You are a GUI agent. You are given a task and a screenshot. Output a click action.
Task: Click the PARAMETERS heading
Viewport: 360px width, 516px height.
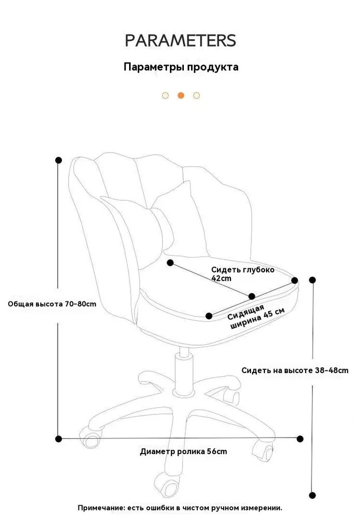tap(180, 40)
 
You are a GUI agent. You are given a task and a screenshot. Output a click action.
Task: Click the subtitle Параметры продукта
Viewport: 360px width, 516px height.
tap(181, 67)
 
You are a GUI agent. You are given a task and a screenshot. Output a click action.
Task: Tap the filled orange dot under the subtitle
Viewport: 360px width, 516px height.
tap(181, 95)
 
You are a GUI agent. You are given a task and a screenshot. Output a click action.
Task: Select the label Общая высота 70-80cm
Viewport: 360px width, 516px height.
tap(52, 304)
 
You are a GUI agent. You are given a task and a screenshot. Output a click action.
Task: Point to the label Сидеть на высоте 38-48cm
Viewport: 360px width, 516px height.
tap(295, 370)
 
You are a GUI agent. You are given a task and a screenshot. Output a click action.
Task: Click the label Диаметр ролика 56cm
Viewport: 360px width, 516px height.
tap(183, 451)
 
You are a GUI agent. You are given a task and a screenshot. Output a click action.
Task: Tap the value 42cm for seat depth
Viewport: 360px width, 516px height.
tap(222, 279)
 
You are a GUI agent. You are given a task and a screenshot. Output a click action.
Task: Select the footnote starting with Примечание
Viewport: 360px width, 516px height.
tap(180, 508)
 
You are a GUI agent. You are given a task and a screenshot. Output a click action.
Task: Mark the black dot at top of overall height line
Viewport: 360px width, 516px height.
tap(59, 160)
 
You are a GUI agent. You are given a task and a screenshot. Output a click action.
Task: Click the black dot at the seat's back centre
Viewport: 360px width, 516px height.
tap(170, 263)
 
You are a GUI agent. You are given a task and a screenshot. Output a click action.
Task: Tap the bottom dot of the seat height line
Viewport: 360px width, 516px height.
tap(312, 495)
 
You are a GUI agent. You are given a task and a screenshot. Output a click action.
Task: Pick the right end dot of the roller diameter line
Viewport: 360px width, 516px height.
tap(300, 439)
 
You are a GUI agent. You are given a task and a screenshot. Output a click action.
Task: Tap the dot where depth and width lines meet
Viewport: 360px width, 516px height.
tap(252, 296)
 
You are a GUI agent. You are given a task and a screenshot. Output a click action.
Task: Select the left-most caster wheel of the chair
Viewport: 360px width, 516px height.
tap(89, 437)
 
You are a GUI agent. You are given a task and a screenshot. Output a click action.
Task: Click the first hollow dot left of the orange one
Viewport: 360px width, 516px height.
tap(165, 95)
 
